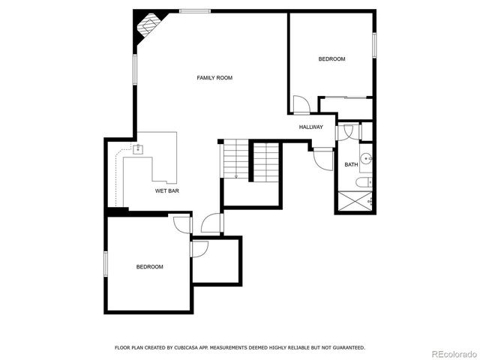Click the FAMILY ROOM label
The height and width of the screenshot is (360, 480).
coord(214,78)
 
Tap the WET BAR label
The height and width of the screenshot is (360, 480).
coord(166,190)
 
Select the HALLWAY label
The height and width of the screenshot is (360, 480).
coord(311,127)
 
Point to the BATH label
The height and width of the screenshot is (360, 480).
coord(351,164)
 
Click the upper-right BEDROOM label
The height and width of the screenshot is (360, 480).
coord(331,58)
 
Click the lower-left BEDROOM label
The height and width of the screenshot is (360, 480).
coord(149,266)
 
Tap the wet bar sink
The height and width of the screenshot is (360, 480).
coord(138,148)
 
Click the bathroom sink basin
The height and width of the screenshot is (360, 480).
coord(365,158)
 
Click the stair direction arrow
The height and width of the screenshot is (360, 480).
coord(236,175)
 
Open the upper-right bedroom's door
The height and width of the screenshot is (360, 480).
coord(300,104)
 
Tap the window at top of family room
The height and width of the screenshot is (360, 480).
coord(194,10)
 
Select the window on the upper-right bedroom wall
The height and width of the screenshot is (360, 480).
coord(373,43)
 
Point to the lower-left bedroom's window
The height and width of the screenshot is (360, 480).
coord(106,267)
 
